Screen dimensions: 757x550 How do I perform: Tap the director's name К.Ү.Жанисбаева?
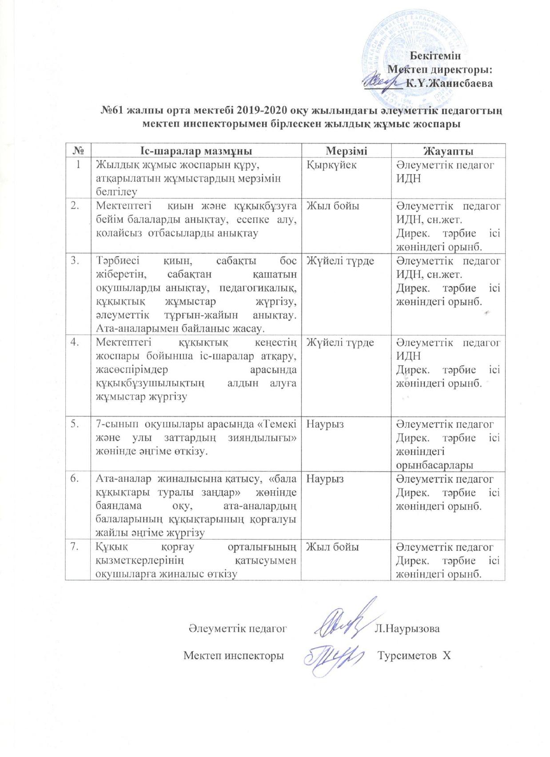click(x=450, y=83)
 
